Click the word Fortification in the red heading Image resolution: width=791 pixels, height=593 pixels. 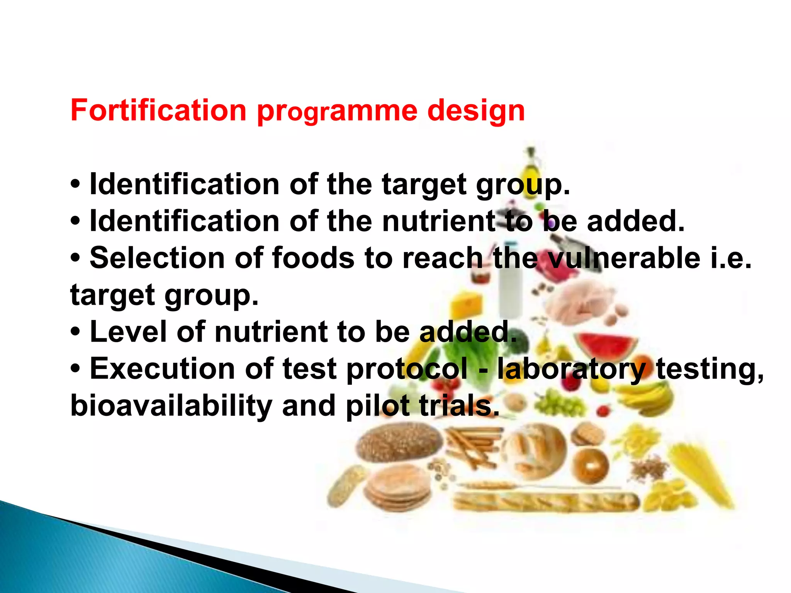click(x=158, y=111)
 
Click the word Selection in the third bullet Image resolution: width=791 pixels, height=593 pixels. click(x=157, y=258)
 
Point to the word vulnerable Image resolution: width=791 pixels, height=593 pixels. click(x=624, y=258)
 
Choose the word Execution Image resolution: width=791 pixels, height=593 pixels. click(x=162, y=369)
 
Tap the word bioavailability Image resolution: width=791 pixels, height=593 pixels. click(x=171, y=407)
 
